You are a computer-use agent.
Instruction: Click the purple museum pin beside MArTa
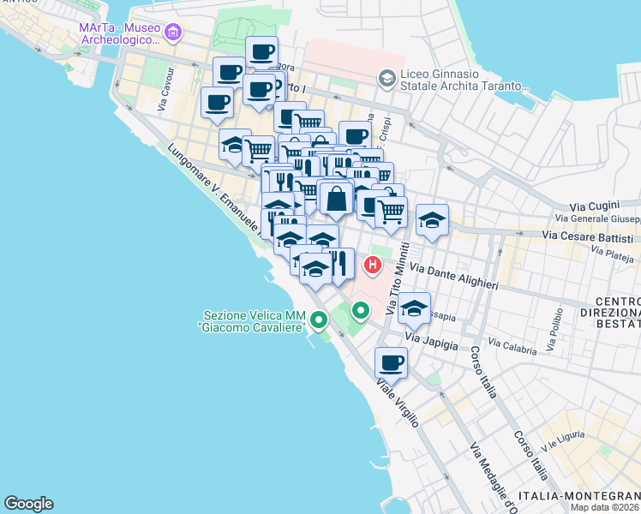point(174,33)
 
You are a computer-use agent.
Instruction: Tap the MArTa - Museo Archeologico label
point(119,33)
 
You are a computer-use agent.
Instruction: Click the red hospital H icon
point(373,265)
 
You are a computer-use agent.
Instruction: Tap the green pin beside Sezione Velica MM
point(319,321)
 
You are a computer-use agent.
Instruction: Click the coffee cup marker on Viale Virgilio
point(391,362)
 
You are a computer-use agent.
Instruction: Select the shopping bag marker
point(335,198)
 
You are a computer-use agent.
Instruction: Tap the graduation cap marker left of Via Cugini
point(433,220)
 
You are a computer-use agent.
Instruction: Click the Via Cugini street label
point(593,207)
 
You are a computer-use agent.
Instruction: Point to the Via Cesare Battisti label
point(588,236)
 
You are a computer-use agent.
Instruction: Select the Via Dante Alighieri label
point(454,275)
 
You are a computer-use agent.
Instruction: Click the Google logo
point(28,504)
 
